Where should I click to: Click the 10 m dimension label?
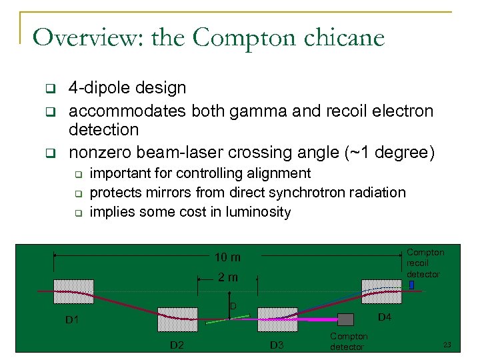227,257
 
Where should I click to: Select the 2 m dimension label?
227,277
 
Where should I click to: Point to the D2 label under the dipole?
177,345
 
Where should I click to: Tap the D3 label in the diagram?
277,345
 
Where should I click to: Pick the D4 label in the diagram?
386,317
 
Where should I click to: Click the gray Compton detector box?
345,319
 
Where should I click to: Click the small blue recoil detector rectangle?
411,285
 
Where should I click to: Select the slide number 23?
447,345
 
